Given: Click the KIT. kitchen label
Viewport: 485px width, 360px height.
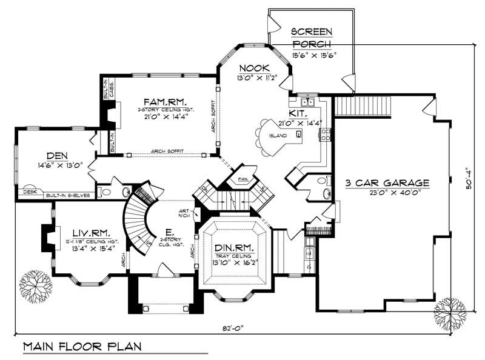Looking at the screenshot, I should click(x=298, y=113).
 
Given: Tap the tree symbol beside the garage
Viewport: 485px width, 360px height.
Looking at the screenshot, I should click(x=447, y=310).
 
